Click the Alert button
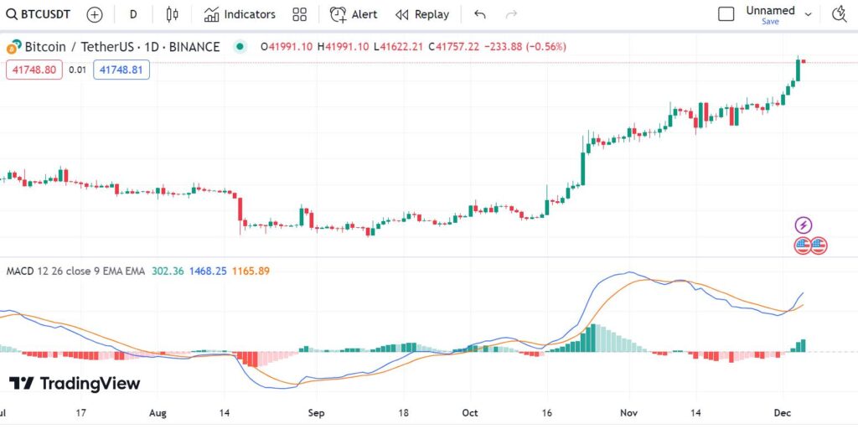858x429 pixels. [x=354, y=14]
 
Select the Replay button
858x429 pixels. [x=422, y=14]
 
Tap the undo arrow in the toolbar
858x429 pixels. [x=479, y=14]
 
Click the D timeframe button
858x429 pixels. [x=132, y=14]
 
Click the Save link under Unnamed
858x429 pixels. [x=770, y=22]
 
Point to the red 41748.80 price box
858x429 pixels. [x=34, y=70]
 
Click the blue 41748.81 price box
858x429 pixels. [x=121, y=70]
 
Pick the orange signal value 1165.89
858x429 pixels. [x=251, y=271]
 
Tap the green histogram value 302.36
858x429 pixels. [x=168, y=271]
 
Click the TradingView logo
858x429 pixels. [x=75, y=384]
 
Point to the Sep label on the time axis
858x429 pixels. [x=316, y=413]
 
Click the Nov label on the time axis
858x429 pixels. [x=628, y=413]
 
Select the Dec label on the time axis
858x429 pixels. [x=783, y=413]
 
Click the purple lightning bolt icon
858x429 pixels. [x=804, y=225]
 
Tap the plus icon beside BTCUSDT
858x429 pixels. [x=95, y=14]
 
